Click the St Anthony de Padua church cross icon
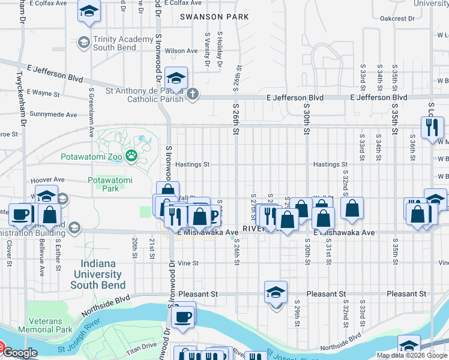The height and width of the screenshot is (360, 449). [193, 94]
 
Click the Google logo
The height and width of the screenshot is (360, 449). [20, 353]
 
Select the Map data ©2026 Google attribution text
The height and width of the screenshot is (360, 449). [412, 355]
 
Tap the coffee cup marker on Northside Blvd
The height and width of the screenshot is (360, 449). [182, 316]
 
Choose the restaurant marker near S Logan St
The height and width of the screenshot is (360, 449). [432, 127]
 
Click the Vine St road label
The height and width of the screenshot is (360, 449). [188, 263]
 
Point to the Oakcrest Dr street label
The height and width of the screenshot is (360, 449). [397, 19]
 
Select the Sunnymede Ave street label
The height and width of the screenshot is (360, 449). [53, 114]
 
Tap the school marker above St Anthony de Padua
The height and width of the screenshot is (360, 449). [176, 79]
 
